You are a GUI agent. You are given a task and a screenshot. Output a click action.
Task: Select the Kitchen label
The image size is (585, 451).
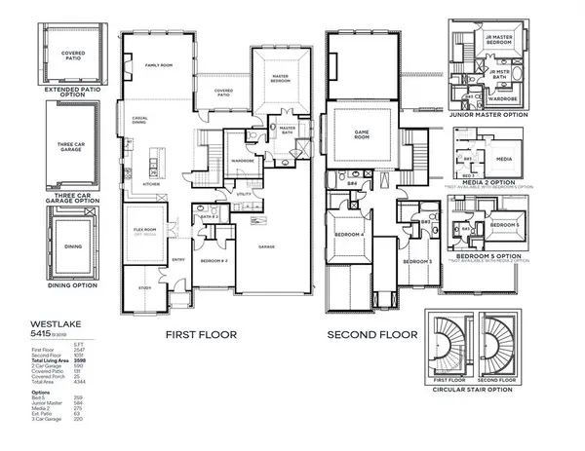(152, 182)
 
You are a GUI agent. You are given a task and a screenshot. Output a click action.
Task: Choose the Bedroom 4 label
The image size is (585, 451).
(349, 235)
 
